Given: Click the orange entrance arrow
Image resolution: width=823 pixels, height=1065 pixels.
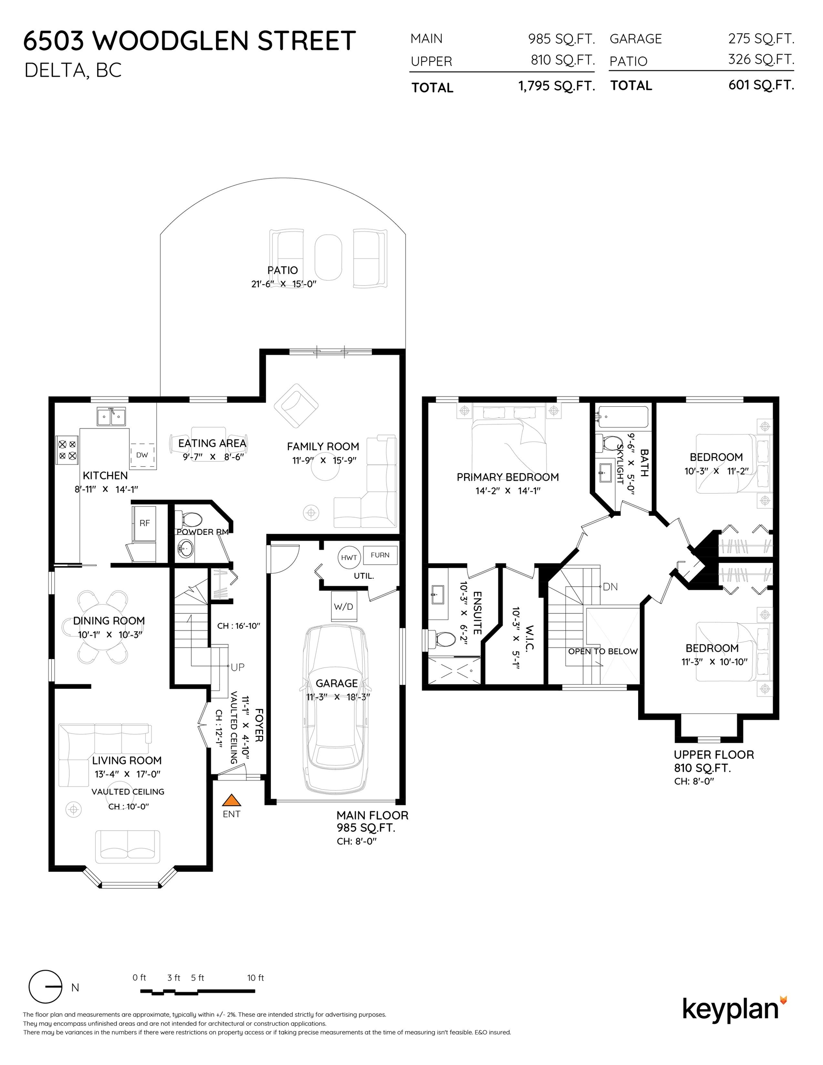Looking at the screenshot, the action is [232, 800].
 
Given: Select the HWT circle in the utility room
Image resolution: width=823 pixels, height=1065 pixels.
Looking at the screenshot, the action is [349, 557].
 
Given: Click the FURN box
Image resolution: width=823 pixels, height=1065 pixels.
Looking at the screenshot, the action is [380, 555].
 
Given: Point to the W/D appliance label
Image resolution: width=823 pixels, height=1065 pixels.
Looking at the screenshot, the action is [344, 606].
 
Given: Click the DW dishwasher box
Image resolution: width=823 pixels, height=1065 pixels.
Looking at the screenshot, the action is [142, 455].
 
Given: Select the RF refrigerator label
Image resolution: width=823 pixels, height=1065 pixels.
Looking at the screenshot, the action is [145, 523].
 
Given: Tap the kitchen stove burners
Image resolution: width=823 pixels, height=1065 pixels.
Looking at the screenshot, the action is [68, 450].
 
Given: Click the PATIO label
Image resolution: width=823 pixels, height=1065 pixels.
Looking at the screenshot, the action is [283, 270].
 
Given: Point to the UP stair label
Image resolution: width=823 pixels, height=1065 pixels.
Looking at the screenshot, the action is [238, 667].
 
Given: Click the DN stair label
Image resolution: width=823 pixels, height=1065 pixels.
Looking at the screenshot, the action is [610, 587].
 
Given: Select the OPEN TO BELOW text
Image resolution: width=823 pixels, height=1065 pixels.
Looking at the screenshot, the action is [603, 651].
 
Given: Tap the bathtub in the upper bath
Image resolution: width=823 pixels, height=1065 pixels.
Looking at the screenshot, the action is [623, 417].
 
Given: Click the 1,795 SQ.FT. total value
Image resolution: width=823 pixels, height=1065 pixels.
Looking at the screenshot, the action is [557, 86].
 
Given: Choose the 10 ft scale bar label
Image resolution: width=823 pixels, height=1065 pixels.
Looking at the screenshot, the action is [255, 978].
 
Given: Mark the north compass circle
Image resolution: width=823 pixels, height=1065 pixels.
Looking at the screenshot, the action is [45, 986].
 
